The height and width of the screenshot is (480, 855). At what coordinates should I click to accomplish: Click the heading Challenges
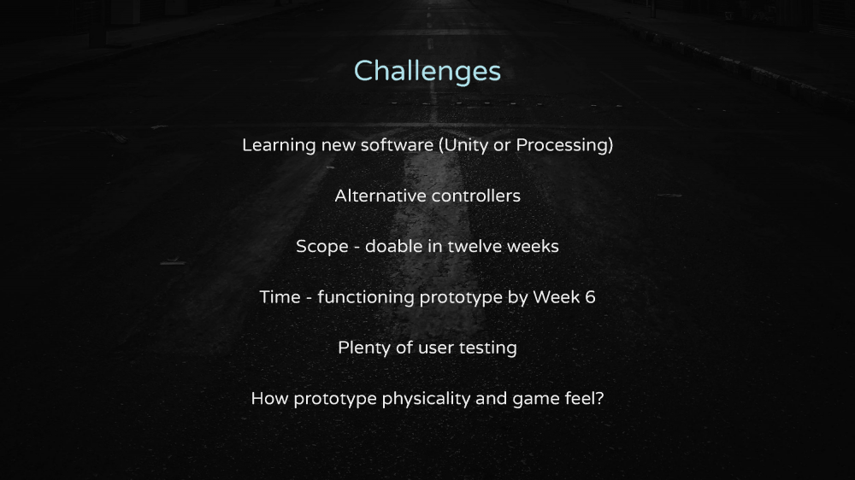click(x=427, y=72)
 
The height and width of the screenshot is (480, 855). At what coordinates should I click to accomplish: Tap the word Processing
click(x=562, y=145)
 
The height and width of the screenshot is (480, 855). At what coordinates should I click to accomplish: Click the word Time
click(x=280, y=297)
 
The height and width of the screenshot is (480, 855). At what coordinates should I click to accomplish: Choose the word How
click(x=269, y=398)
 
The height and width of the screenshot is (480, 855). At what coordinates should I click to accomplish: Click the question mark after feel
click(x=600, y=398)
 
